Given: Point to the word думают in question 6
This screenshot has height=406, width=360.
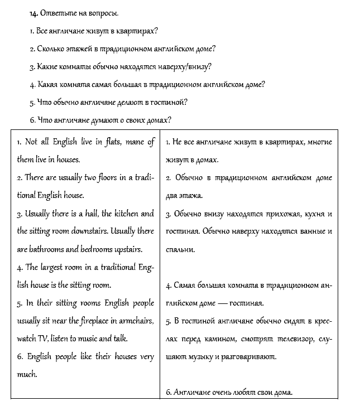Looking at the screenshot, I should point(98,120).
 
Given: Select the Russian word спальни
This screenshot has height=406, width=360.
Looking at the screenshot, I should point(180,249).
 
